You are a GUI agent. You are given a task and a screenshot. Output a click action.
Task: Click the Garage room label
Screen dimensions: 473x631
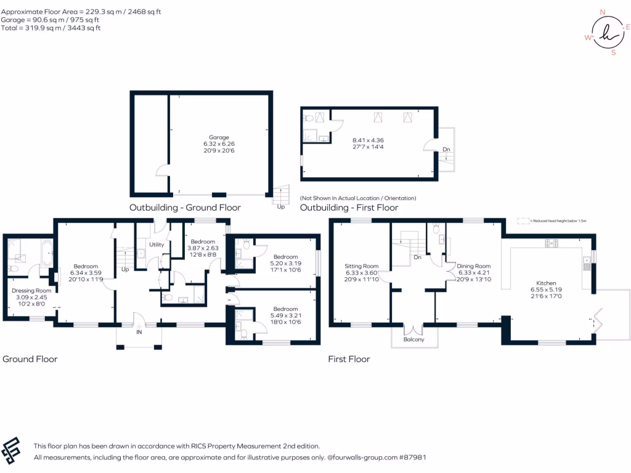click(219, 137)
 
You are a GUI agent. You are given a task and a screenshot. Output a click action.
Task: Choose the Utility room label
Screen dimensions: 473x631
click(157, 245)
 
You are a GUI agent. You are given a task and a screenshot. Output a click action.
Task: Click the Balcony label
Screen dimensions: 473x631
click(414, 339)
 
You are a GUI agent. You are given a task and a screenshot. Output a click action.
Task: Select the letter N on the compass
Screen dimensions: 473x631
click(602, 12)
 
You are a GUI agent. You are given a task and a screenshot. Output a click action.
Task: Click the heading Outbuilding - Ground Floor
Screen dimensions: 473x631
click(185, 208)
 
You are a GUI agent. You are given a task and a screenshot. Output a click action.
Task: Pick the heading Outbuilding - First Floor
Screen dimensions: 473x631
click(349, 208)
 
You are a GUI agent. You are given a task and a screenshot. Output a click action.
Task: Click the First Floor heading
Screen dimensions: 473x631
click(349, 359)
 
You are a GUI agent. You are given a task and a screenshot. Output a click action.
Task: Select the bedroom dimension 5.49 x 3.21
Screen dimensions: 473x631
click(285, 316)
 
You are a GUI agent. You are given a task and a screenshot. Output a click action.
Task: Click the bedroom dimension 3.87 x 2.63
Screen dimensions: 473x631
click(202, 248)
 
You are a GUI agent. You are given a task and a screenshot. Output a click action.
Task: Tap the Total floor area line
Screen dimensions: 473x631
click(51, 28)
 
